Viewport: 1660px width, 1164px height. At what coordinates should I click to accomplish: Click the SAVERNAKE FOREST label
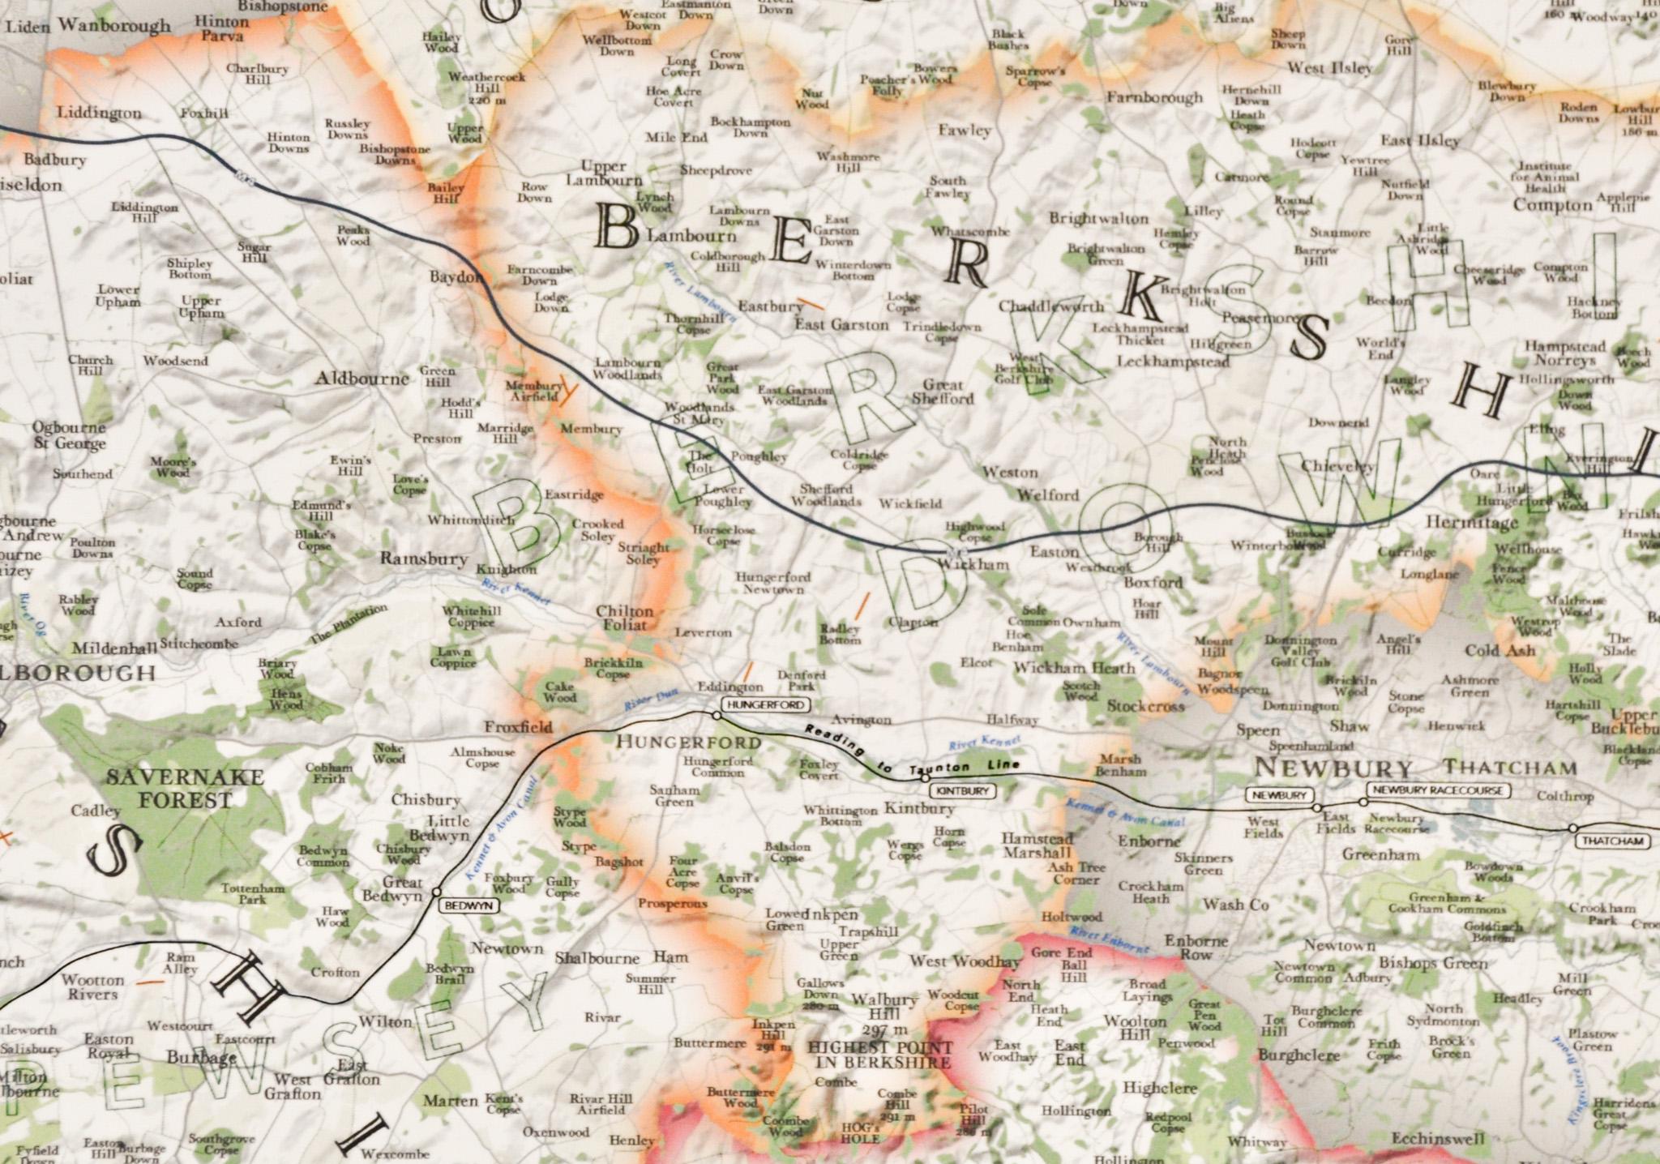(x=185, y=789)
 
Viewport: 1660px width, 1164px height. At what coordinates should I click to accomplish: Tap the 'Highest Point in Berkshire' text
(x=879, y=1055)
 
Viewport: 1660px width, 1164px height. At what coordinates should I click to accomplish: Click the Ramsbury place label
(x=424, y=559)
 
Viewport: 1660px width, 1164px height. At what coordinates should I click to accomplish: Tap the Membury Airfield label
(x=533, y=391)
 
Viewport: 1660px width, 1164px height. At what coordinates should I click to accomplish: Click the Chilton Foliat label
(x=624, y=618)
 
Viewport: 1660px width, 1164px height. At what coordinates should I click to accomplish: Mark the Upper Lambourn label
(x=604, y=173)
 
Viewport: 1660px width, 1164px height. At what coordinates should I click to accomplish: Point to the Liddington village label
(x=99, y=113)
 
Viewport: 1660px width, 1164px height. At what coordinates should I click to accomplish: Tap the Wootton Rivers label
(x=92, y=986)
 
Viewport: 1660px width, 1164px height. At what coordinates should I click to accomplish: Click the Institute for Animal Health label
(x=1543, y=178)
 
